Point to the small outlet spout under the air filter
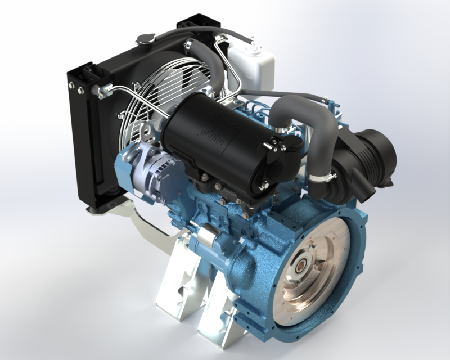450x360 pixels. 368,194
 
